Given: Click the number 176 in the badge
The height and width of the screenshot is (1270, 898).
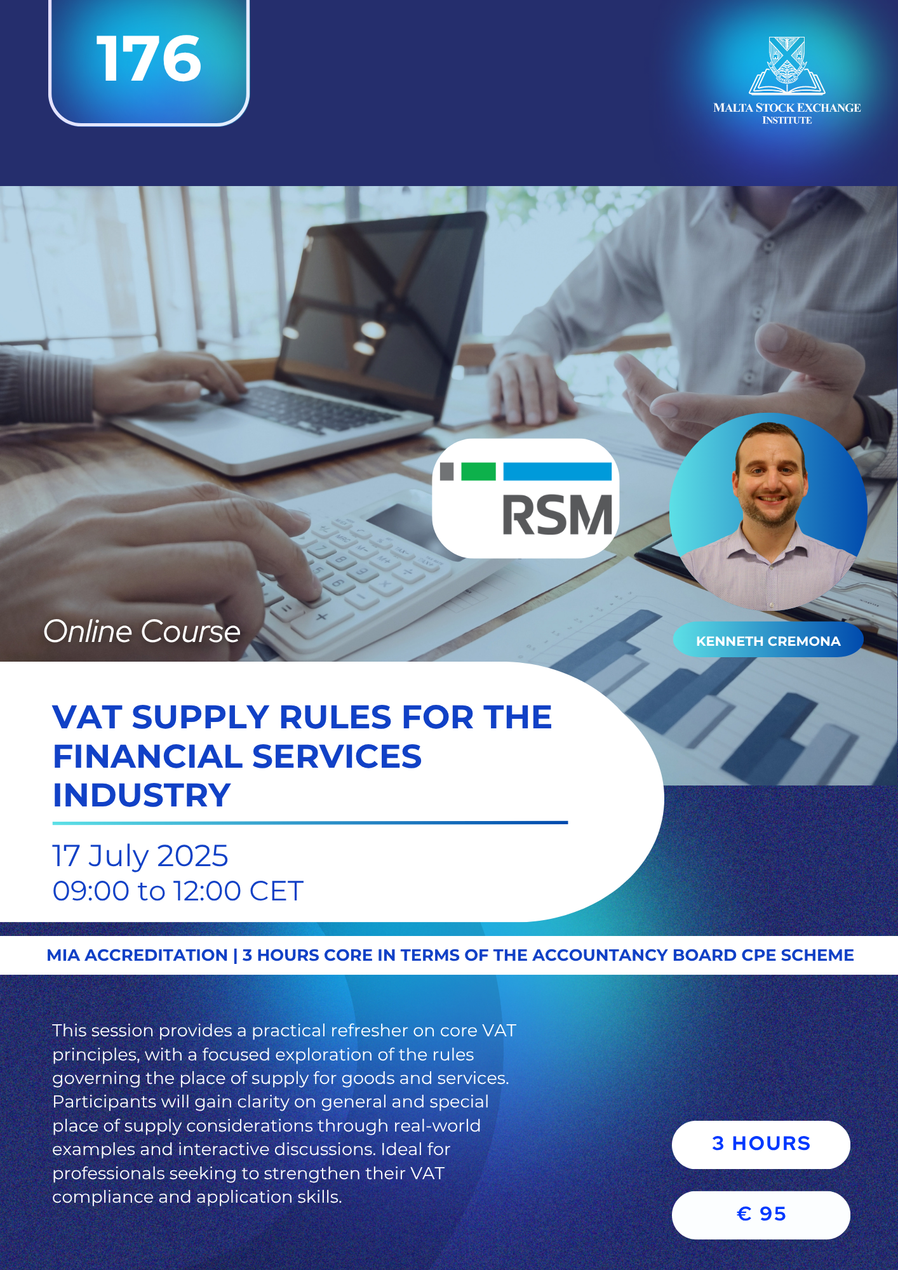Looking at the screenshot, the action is point(149,58).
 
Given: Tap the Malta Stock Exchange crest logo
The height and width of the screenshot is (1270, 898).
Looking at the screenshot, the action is point(787,65).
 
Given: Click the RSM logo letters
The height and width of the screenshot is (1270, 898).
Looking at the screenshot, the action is point(558,515).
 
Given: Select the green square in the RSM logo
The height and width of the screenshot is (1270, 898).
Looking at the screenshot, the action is point(478,471).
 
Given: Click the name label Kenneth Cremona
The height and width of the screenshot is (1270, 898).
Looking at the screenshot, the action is point(768,641).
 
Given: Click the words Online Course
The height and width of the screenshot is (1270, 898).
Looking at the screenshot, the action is point(142,632).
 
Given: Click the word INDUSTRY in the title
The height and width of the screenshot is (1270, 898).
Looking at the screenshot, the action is point(142,795).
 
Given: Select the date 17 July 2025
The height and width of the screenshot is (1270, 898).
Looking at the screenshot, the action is point(140,856).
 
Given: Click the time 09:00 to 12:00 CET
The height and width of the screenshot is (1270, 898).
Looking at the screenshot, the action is point(178,891).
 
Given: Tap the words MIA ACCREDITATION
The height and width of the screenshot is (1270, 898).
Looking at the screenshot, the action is point(137,955).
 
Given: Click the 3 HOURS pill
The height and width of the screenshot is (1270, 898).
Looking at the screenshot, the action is point(761,1144).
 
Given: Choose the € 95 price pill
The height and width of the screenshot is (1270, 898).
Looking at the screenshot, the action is point(761,1215).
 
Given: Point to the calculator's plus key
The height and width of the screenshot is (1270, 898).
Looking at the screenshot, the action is point(321,616).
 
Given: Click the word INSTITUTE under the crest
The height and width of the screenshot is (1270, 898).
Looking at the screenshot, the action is point(787,120).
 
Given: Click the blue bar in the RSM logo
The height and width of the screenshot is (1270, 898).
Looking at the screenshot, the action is point(558,471).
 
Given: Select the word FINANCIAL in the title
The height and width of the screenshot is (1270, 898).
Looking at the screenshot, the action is point(147,756).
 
